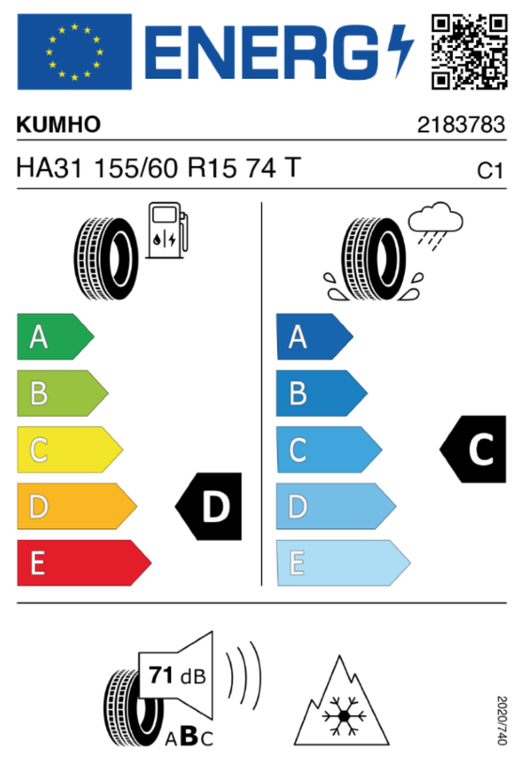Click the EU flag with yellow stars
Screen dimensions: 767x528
coord(73,51)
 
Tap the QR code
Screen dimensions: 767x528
coord(470,51)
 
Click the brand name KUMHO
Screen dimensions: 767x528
coord(59,125)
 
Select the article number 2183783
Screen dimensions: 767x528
coord(462,125)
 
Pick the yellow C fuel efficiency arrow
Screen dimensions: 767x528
coord(69,451)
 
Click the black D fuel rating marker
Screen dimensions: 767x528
coord(209,507)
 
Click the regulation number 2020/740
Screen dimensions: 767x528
coord(502,720)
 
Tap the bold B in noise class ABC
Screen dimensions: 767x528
coord(189,737)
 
